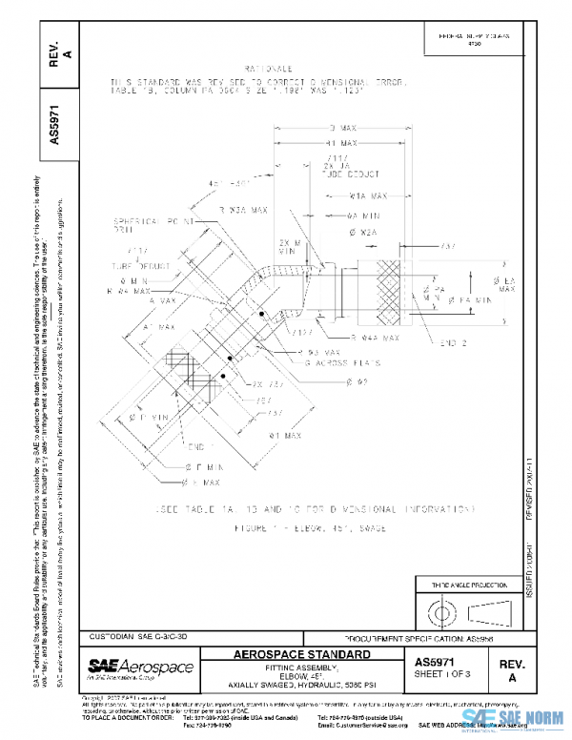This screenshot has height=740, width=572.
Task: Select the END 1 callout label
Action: click(199, 445)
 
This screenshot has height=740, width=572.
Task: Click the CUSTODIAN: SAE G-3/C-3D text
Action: click(145, 635)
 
